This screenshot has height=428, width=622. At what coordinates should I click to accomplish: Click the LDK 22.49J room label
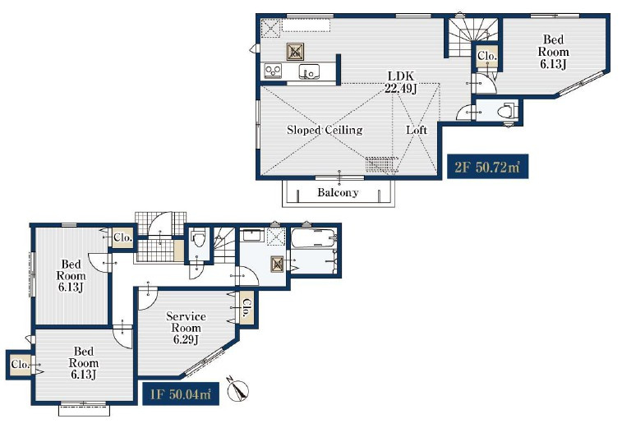pos(401,82)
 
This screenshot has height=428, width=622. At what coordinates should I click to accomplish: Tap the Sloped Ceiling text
pos(325,130)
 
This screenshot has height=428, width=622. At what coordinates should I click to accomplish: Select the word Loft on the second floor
pos(417,130)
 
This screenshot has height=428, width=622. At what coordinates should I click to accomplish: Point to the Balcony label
pos(338,192)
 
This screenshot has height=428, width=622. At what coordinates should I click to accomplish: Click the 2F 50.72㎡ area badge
pos(487,167)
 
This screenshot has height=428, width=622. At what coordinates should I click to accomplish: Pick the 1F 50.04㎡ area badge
pos(181,393)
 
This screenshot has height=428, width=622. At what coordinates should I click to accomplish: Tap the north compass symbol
pos(237,389)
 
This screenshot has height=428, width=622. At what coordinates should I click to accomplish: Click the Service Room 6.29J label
pos(186,328)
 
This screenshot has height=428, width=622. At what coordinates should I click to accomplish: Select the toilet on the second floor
pos(507,111)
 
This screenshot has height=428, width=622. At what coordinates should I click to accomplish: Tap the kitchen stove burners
pos(273,71)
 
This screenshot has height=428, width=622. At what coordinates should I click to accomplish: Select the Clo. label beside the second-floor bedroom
pos(486,56)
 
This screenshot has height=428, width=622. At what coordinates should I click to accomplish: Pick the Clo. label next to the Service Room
pos(246,308)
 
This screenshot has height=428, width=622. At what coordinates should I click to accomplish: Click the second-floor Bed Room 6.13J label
pos(553,52)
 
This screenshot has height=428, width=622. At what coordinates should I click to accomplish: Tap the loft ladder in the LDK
pos(381,164)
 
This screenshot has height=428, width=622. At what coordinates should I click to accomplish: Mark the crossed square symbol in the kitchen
pos(295,51)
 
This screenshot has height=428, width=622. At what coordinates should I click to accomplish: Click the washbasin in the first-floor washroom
pos(251,236)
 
